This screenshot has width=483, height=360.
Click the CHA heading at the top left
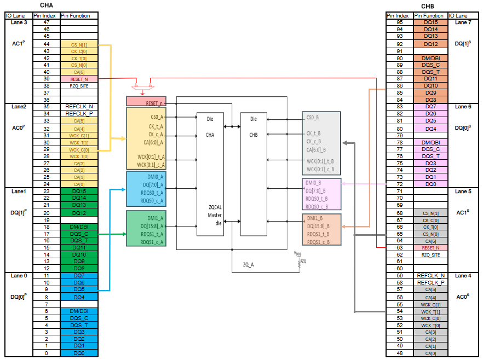[47, 5]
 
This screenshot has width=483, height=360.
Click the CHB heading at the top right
[435, 5]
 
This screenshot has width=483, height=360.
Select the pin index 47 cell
[46, 22]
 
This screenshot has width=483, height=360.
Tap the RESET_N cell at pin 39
[79, 79]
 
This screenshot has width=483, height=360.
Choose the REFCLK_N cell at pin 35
[79, 107]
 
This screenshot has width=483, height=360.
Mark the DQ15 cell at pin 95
[430, 22]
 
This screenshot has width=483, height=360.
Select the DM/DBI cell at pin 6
[79, 310]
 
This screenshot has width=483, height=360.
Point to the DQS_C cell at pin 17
[79, 234]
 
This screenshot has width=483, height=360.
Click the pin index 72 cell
[399, 184]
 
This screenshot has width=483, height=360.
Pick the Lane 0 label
[19, 276]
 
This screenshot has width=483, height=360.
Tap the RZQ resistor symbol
[299, 262]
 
